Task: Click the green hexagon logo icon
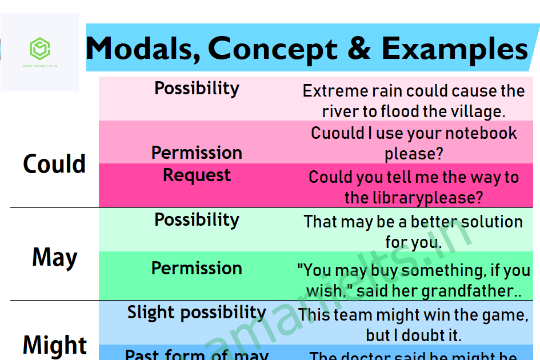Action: click(39, 49)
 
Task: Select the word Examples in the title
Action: click(454, 49)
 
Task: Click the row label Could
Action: click(54, 164)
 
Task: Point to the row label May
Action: click(54, 258)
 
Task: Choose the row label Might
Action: click(55, 345)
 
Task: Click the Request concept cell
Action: click(197, 175)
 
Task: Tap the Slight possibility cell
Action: click(197, 313)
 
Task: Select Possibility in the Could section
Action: click(197, 89)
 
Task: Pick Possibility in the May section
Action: click(197, 220)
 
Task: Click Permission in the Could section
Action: click(197, 153)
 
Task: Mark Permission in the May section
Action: click(197, 269)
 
